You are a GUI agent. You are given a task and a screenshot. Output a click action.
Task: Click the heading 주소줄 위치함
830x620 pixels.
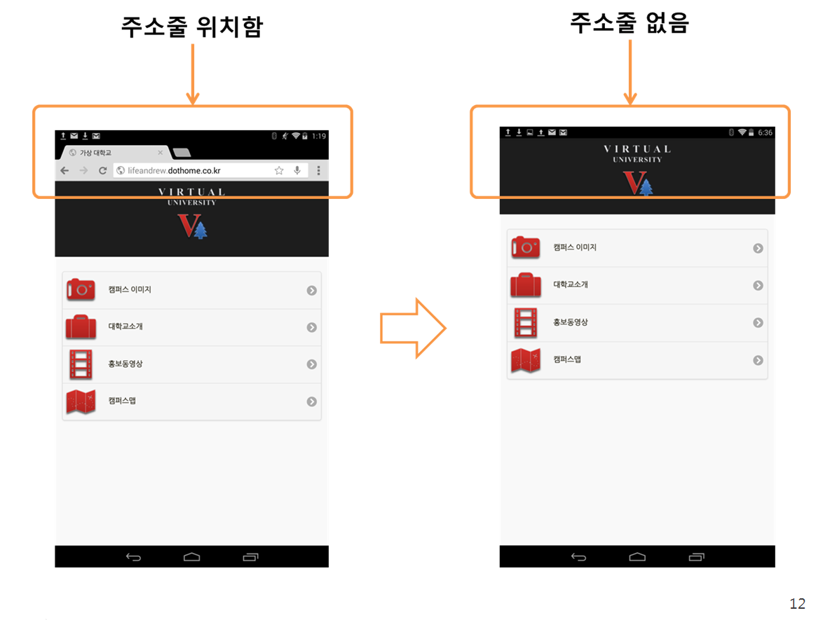(x=192, y=27)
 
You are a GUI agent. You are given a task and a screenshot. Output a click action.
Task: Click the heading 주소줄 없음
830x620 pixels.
(x=630, y=22)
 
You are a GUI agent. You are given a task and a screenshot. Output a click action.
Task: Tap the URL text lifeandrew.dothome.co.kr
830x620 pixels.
(x=174, y=170)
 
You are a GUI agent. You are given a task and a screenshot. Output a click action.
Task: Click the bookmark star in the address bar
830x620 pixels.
(x=279, y=170)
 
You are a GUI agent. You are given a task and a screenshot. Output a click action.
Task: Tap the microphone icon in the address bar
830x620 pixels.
(x=297, y=170)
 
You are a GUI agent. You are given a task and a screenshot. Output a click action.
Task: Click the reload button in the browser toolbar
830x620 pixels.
(x=102, y=170)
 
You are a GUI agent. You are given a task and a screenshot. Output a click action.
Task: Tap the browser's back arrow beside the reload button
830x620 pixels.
(x=64, y=170)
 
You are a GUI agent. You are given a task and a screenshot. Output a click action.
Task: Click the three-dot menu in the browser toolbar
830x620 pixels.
(x=319, y=170)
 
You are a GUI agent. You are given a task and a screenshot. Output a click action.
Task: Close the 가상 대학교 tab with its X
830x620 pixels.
(x=161, y=152)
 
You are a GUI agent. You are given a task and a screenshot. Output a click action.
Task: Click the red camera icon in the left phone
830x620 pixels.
(x=81, y=290)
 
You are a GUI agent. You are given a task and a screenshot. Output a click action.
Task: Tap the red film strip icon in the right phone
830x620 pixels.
(x=526, y=322)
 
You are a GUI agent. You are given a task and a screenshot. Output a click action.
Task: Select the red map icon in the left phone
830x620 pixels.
(x=81, y=401)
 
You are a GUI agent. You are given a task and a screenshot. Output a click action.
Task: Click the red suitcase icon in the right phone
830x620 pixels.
(x=526, y=284)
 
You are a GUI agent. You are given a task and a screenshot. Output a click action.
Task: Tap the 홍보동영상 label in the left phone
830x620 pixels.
(x=125, y=364)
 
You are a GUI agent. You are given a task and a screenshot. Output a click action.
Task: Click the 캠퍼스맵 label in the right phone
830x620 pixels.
(x=567, y=359)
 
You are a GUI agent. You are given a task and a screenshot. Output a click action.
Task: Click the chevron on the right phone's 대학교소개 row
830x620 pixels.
(x=758, y=285)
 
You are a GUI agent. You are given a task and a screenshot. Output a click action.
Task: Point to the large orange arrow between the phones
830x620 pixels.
(x=413, y=328)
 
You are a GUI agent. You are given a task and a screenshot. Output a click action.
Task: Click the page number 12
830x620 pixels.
(x=797, y=604)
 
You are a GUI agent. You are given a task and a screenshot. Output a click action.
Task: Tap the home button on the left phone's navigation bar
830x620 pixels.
(x=191, y=556)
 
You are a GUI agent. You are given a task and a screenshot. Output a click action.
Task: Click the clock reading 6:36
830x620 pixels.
(x=765, y=132)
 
